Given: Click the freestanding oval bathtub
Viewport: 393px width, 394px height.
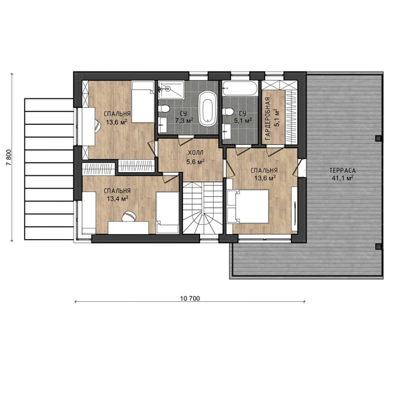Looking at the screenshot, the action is tap(207, 108).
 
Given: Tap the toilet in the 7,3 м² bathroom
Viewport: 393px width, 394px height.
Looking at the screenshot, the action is tap(164, 109).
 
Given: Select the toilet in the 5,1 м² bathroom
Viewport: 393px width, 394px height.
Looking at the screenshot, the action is tap(228, 111).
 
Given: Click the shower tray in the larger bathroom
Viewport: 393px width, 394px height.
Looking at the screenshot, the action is tap(171, 89).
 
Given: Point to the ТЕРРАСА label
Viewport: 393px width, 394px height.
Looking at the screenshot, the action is tap(343, 171).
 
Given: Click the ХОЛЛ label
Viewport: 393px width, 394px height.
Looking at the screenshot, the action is tap(196, 153).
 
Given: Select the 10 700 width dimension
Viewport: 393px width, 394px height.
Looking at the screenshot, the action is tap(190, 298).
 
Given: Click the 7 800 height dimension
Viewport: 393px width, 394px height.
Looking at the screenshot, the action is tap(9, 158).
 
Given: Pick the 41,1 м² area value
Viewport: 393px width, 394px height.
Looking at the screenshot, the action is tap(343, 178).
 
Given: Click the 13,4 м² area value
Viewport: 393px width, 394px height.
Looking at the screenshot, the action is tap(117, 198).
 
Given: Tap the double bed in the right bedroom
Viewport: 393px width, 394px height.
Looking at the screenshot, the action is tap(248, 206).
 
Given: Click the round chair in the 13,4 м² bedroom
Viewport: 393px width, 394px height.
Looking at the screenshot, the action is tap(129, 216).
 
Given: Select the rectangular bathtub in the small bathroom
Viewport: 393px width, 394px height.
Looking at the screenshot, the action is tap(240, 89).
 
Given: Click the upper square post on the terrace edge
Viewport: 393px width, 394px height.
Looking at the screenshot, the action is tap(378, 138).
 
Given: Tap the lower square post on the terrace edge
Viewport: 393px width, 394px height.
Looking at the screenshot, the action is tap(378, 246).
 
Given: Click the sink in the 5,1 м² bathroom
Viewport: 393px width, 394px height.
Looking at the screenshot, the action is tap(227, 131).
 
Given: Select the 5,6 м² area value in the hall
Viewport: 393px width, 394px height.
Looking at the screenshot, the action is tap(196, 161).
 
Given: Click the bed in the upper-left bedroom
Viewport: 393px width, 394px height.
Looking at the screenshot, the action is tap(143, 102).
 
